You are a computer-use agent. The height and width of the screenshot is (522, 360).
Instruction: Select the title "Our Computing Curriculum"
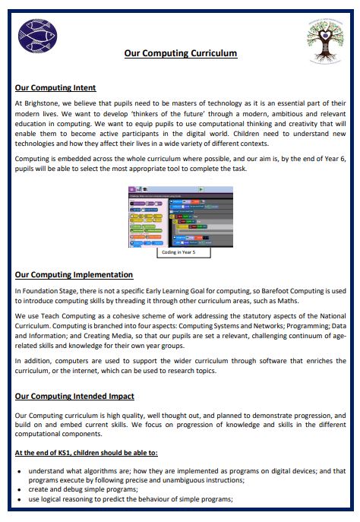pos(181,53)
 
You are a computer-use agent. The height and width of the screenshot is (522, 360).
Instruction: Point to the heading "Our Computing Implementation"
pos(74,274)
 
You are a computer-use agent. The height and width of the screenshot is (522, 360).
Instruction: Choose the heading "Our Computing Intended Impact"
pos(75,396)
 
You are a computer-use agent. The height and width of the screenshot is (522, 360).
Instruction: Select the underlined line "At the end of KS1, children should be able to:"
pos(87,454)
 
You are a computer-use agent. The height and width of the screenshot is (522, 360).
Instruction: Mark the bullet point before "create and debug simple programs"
pos(19,489)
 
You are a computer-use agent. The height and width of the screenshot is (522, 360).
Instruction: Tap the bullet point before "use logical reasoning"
pos(19,499)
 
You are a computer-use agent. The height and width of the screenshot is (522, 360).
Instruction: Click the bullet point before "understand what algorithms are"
pos(19,470)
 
